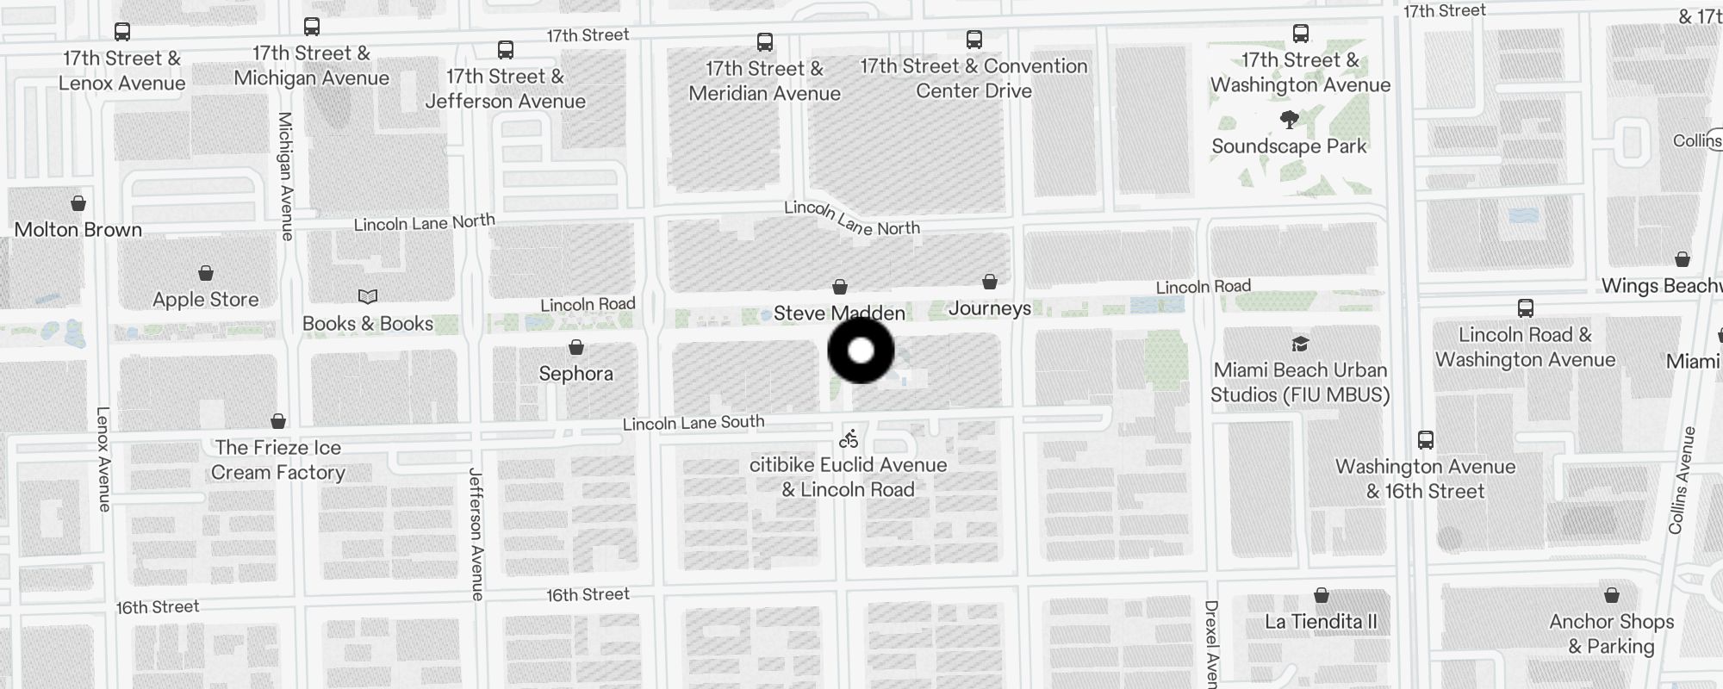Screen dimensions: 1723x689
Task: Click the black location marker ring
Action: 861,351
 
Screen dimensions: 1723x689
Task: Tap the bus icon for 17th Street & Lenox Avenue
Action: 122,33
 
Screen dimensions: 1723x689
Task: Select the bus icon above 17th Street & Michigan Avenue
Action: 312,28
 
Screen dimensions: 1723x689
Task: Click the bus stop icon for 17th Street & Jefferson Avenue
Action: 506,51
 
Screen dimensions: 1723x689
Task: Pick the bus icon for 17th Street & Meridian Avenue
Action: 764,42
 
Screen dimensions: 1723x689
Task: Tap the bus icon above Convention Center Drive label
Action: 973,40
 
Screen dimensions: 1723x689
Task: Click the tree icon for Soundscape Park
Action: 1289,120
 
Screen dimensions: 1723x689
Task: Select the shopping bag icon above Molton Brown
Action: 78,204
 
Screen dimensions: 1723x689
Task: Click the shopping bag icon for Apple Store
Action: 206,274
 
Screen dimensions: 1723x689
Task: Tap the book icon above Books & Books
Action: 368,297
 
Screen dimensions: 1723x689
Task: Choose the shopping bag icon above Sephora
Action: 576,348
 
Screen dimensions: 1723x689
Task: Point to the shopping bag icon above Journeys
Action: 990,282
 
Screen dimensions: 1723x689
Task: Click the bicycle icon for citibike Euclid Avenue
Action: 849,440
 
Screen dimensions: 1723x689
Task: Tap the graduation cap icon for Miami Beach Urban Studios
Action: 1300,344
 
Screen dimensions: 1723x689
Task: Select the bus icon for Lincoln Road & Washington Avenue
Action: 1525,308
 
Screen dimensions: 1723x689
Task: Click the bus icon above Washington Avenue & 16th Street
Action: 1426,441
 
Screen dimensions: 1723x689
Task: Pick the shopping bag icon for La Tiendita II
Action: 1321,596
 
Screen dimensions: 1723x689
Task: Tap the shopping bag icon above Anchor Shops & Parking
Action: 1611,596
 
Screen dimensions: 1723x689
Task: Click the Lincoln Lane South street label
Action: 694,423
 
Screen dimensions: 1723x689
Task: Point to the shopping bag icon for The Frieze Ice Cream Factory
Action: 278,422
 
